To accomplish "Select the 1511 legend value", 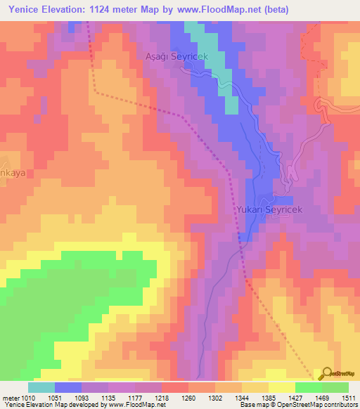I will pos(349,397).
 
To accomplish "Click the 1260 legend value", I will pos(188,397).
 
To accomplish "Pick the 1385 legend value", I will pos(269,397).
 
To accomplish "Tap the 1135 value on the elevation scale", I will pos(108,397).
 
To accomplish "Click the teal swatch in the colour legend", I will pos(41,387).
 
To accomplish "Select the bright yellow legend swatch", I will pos(281,387).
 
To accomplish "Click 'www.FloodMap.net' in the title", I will pos(218,9).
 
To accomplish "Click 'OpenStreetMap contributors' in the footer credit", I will pos(315,405).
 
